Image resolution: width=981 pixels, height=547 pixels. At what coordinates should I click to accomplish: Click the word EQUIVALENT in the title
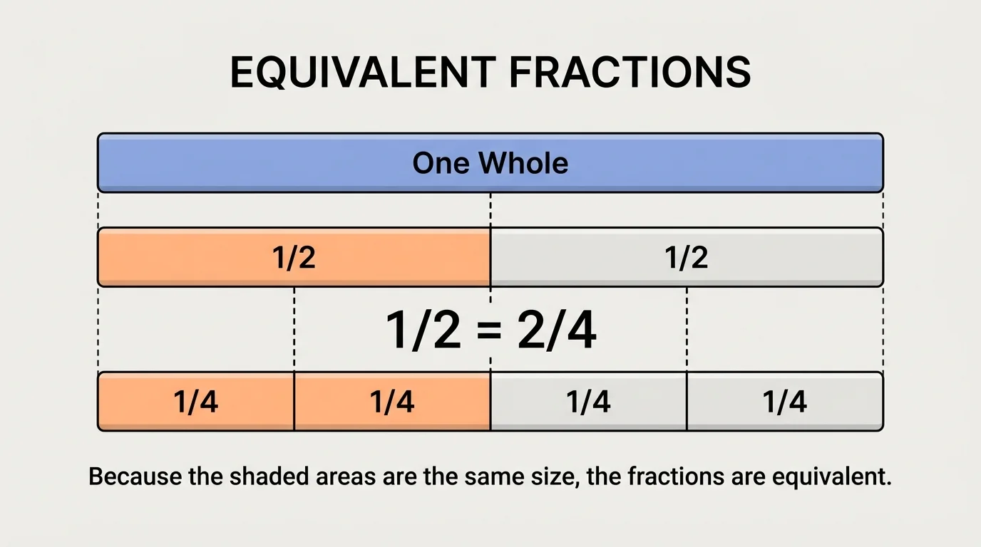[x=363, y=72]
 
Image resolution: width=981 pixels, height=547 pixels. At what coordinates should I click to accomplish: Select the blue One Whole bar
[x=285, y=163]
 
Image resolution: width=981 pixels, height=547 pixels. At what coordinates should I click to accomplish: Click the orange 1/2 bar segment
[x=294, y=257]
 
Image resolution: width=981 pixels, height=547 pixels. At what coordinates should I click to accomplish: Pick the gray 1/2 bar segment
[x=687, y=257]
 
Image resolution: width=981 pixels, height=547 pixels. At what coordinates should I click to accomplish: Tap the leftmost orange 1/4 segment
[x=196, y=402]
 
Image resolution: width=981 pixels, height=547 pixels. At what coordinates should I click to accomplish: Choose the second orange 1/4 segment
[x=392, y=402]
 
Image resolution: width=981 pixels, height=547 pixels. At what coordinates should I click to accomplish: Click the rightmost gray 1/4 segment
[x=784, y=402]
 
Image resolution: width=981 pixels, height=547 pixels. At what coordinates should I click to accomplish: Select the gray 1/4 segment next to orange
[x=588, y=402]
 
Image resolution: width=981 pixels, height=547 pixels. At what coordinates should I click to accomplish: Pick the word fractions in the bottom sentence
[x=676, y=476]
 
